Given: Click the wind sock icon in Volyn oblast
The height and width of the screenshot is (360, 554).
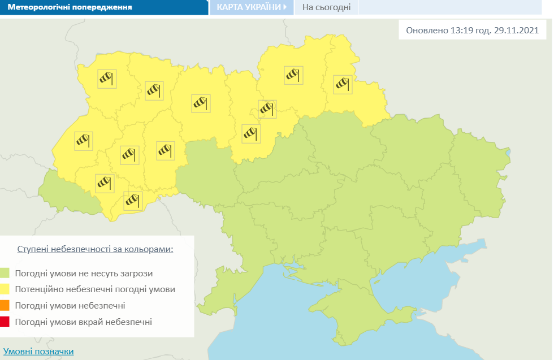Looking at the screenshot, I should click(x=106, y=78).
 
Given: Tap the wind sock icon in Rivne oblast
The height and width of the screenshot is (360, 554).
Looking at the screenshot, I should click(x=154, y=90).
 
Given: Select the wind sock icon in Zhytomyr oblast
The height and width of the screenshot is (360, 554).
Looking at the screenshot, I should click(x=200, y=103).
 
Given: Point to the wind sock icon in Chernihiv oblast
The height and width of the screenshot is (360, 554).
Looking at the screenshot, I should click(x=293, y=75).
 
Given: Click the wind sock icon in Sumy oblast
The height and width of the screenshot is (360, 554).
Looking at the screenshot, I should click(x=343, y=84).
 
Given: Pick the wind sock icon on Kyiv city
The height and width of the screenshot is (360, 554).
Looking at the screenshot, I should click(x=267, y=108).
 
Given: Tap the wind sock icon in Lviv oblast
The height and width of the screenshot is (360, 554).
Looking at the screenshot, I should click(x=83, y=140).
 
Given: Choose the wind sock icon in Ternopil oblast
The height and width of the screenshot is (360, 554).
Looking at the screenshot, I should click(x=130, y=154).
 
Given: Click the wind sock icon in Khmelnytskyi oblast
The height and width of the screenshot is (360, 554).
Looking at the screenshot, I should click(x=165, y=150).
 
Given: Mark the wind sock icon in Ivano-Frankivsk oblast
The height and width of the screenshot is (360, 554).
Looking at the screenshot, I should click(x=105, y=183).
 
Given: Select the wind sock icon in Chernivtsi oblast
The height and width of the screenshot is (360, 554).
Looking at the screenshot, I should click(x=133, y=200).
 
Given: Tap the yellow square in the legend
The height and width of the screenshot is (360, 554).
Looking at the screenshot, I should click(x=5, y=289).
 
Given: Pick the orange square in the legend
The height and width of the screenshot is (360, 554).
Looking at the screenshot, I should click(x=5, y=306).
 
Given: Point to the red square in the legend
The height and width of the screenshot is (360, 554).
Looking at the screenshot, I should click(x=5, y=322).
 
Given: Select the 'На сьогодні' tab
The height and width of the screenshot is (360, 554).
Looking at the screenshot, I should click(x=326, y=7).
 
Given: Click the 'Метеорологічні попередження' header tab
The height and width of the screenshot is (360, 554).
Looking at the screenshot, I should click(x=71, y=7).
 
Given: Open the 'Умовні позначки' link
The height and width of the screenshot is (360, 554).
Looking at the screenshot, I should click(x=38, y=352).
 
